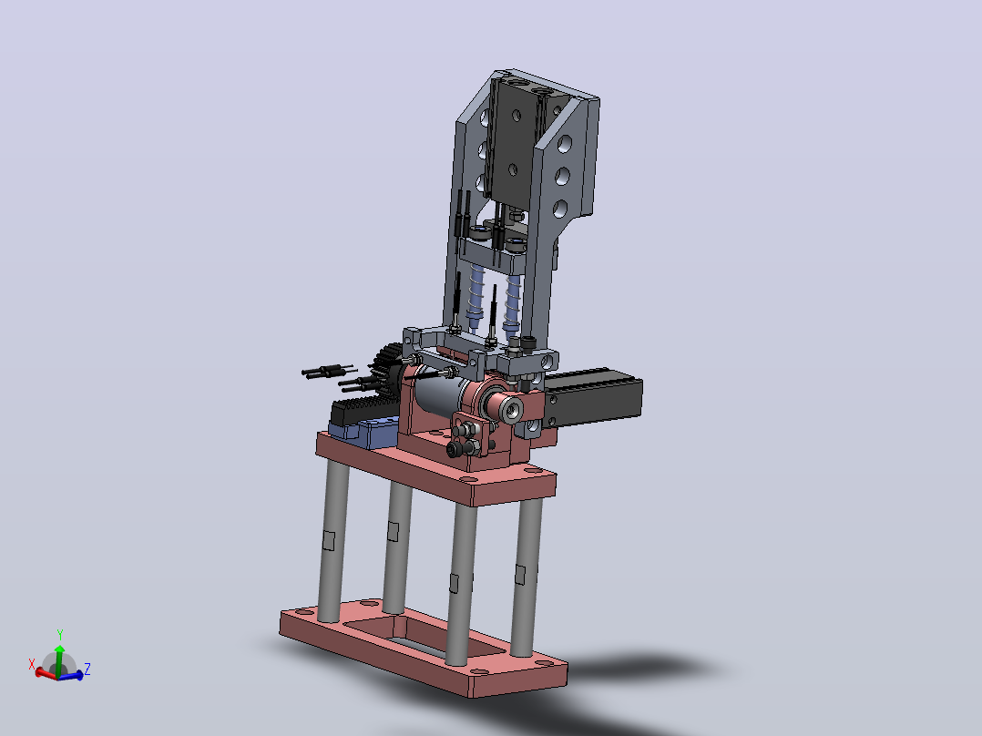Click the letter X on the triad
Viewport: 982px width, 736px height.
32,664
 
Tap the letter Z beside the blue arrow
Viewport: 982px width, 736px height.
87,669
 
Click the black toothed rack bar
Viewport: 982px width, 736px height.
363,411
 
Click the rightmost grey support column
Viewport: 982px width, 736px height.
527,577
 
